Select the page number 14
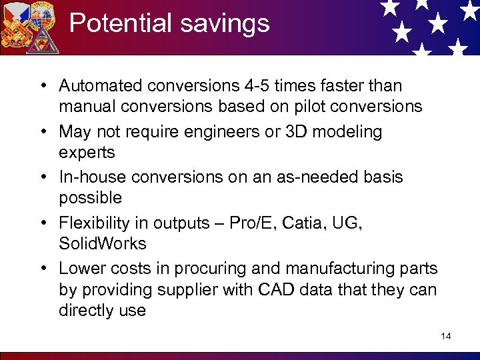point(445,336)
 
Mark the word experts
point(87,153)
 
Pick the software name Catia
point(303,223)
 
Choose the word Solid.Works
point(102,243)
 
